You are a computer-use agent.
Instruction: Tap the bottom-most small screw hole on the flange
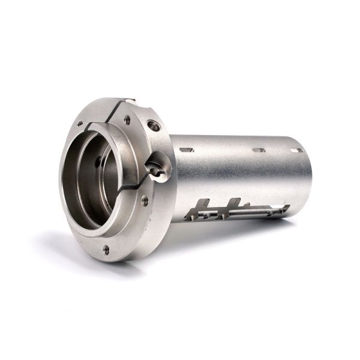(x=106, y=248)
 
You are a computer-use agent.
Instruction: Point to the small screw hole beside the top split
(x=127, y=119)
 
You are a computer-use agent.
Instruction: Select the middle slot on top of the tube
(x=259, y=150)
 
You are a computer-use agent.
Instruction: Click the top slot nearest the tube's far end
(x=296, y=150)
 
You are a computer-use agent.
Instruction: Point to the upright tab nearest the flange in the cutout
(x=203, y=207)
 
